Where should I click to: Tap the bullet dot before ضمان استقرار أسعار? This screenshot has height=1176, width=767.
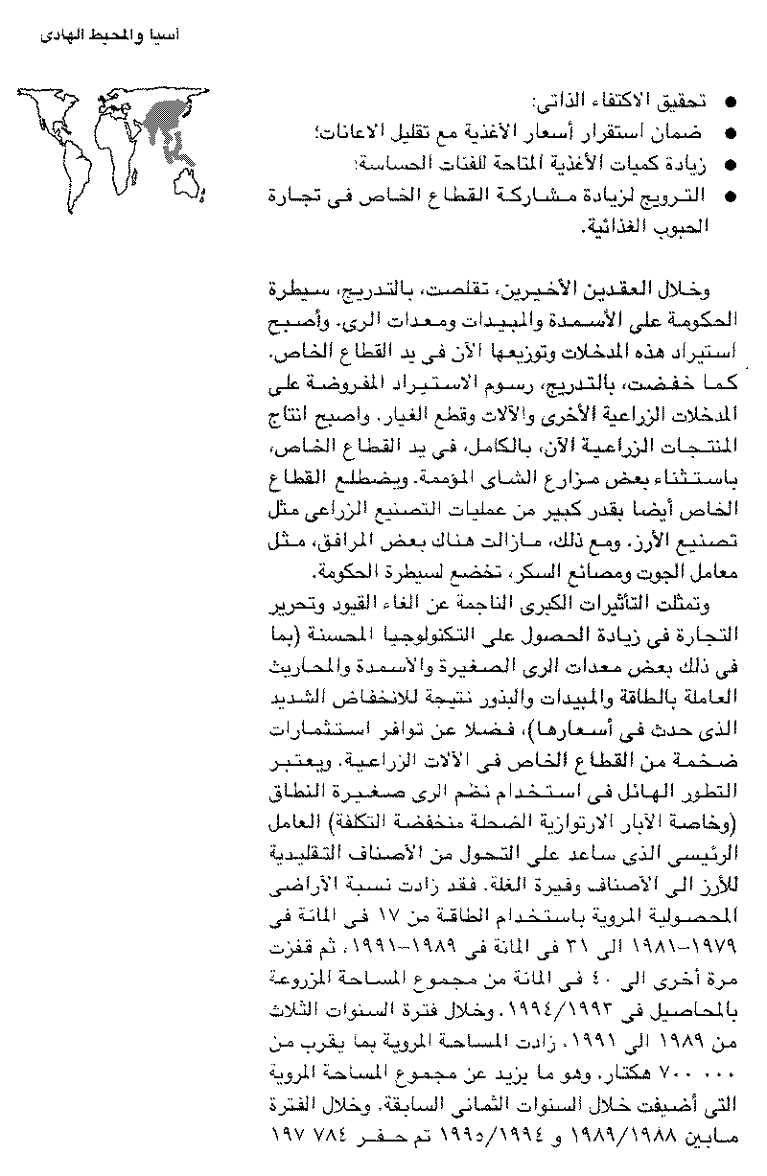(x=731, y=133)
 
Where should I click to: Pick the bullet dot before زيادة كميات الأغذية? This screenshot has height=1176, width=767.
(x=731, y=164)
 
